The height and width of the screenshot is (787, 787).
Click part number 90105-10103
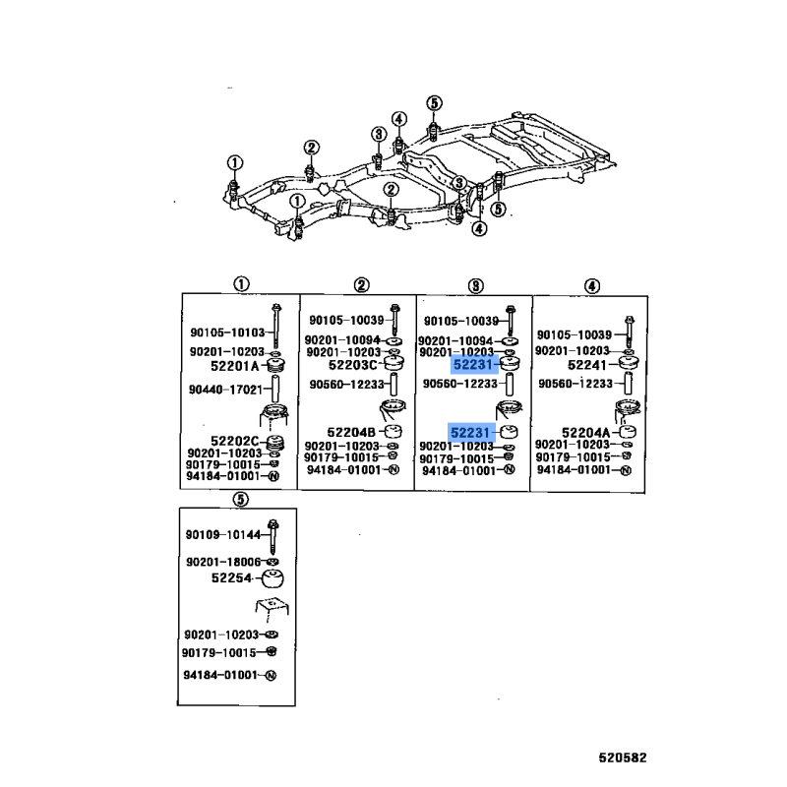(227, 333)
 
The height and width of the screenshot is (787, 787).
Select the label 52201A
(234, 366)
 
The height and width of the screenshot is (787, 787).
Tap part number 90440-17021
(226, 390)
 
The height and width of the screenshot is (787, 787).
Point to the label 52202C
(234, 441)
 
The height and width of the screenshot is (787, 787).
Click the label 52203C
(352, 365)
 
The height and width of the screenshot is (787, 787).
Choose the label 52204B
(351, 432)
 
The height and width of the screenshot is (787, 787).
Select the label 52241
(586, 365)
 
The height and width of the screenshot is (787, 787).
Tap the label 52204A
(585, 433)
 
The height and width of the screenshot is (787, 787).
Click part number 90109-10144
(223, 535)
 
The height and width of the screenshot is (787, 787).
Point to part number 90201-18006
(223, 562)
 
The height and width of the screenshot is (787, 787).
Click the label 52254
(231, 578)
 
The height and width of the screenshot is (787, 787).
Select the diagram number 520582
(623, 757)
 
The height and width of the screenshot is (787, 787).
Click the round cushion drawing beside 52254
(272, 578)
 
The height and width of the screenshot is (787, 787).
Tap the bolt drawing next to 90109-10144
(273, 536)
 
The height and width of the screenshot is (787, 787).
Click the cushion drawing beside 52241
(628, 364)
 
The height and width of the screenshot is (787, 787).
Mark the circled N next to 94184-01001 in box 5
(271, 676)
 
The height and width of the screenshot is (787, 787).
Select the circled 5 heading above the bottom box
(240, 500)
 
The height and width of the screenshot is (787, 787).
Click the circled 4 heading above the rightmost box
(592, 286)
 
